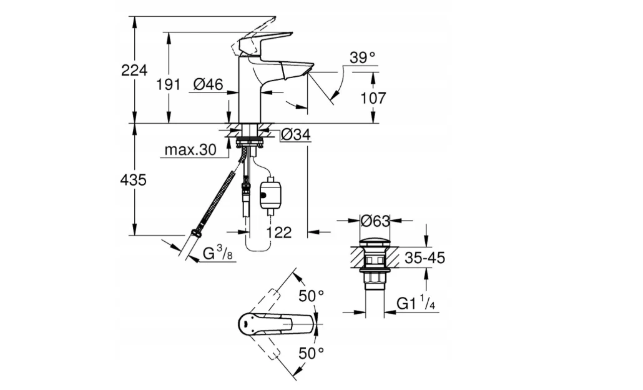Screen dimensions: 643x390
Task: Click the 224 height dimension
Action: tap(134, 70)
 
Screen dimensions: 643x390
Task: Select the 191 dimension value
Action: tap(168, 84)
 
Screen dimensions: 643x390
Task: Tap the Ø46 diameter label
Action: tap(209, 84)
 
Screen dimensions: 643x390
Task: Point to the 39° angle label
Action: tap(363, 58)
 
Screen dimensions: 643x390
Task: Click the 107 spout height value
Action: tap(373, 98)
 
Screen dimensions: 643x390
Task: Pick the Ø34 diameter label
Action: tap(296, 134)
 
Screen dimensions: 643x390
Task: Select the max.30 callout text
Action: tap(190, 150)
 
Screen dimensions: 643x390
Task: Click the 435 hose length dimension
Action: tap(134, 180)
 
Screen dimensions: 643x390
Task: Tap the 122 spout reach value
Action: tap(279, 232)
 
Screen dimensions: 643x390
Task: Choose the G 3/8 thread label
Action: tap(218, 253)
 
